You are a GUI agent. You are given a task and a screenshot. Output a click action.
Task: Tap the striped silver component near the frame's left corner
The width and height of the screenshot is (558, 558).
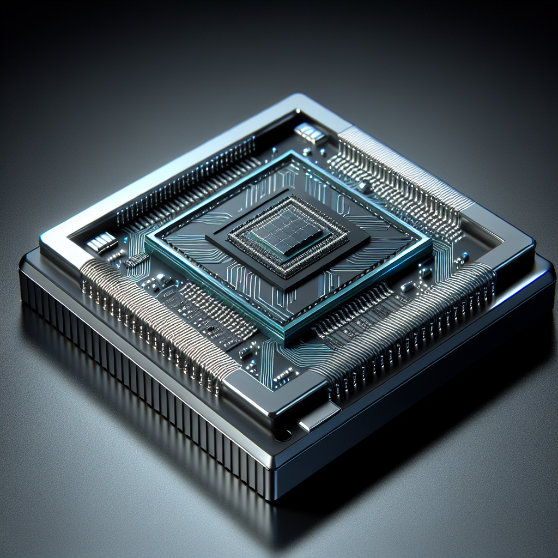coord(102,242)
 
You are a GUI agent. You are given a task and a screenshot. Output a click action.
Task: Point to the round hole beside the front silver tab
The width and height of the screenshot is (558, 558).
coord(282,435)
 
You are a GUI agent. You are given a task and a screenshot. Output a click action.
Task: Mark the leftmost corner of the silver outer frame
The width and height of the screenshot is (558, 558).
coord(43,239)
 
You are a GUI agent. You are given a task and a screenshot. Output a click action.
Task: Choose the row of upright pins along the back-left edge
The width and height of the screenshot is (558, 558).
coord(185,174)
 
